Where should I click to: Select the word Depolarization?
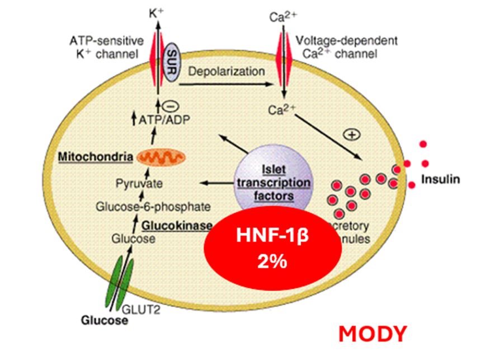[x=226, y=72]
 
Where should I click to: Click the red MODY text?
[x=373, y=334]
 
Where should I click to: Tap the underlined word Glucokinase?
[x=177, y=226]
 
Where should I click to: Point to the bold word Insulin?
[x=441, y=180]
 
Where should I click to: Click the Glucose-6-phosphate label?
[x=152, y=207]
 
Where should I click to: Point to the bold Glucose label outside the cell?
[x=104, y=321]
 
